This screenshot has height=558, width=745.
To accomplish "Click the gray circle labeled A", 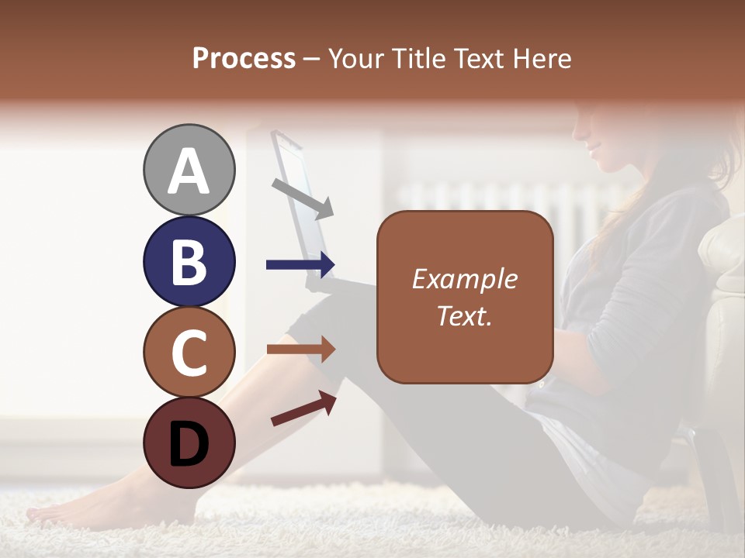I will (189, 170).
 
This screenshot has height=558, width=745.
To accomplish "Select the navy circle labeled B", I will (189, 261).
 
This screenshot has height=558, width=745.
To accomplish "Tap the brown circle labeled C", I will (189, 352).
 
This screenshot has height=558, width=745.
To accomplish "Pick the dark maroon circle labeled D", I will (189, 443).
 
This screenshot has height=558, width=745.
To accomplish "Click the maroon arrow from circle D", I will (303, 408).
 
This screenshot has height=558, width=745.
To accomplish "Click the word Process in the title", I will (244, 58).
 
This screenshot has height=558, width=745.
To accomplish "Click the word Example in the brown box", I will (465, 279).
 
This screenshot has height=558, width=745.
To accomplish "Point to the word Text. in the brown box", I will (465, 315).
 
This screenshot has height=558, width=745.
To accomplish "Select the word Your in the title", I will (354, 58).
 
